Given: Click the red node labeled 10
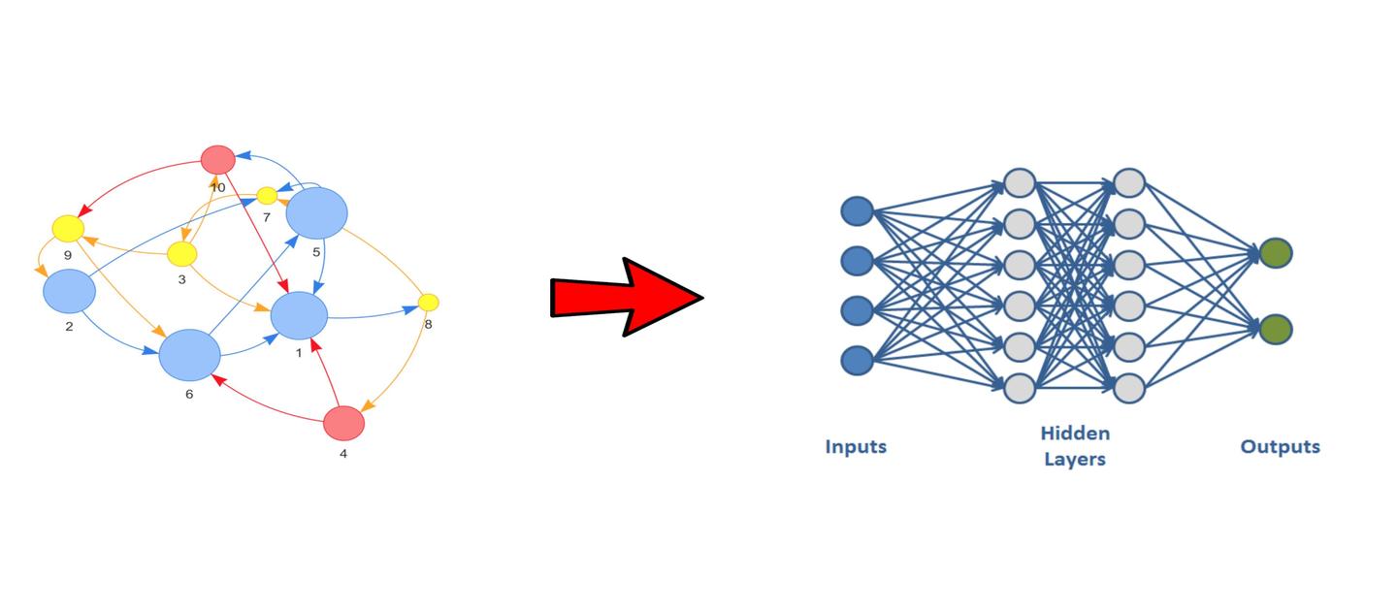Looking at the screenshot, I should click(218, 159).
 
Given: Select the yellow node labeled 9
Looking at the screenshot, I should click(68, 229).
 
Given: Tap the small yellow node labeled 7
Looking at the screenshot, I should click(267, 196).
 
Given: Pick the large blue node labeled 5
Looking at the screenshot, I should click(316, 212).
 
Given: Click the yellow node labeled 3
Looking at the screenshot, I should click(182, 254).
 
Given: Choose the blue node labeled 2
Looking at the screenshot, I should click(69, 291).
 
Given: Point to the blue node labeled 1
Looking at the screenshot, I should click(299, 316).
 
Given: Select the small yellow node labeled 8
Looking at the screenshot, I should click(429, 302).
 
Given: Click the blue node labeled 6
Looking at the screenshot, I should click(190, 355).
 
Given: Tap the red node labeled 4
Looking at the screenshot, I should click(343, 423).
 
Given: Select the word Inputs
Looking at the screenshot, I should click(856, 447).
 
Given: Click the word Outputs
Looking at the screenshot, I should click(1280, 447).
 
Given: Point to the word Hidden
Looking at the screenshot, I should click(1075, 434).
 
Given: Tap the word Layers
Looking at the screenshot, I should click(1075, 459).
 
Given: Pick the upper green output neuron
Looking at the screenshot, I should click(1276, 254).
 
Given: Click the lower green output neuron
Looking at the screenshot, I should click(1276, 329).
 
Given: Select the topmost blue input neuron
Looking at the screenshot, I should click(857, 210).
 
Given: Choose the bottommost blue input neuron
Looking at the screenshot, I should click(857, 361).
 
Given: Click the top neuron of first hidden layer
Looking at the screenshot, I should click(1020, 182).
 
